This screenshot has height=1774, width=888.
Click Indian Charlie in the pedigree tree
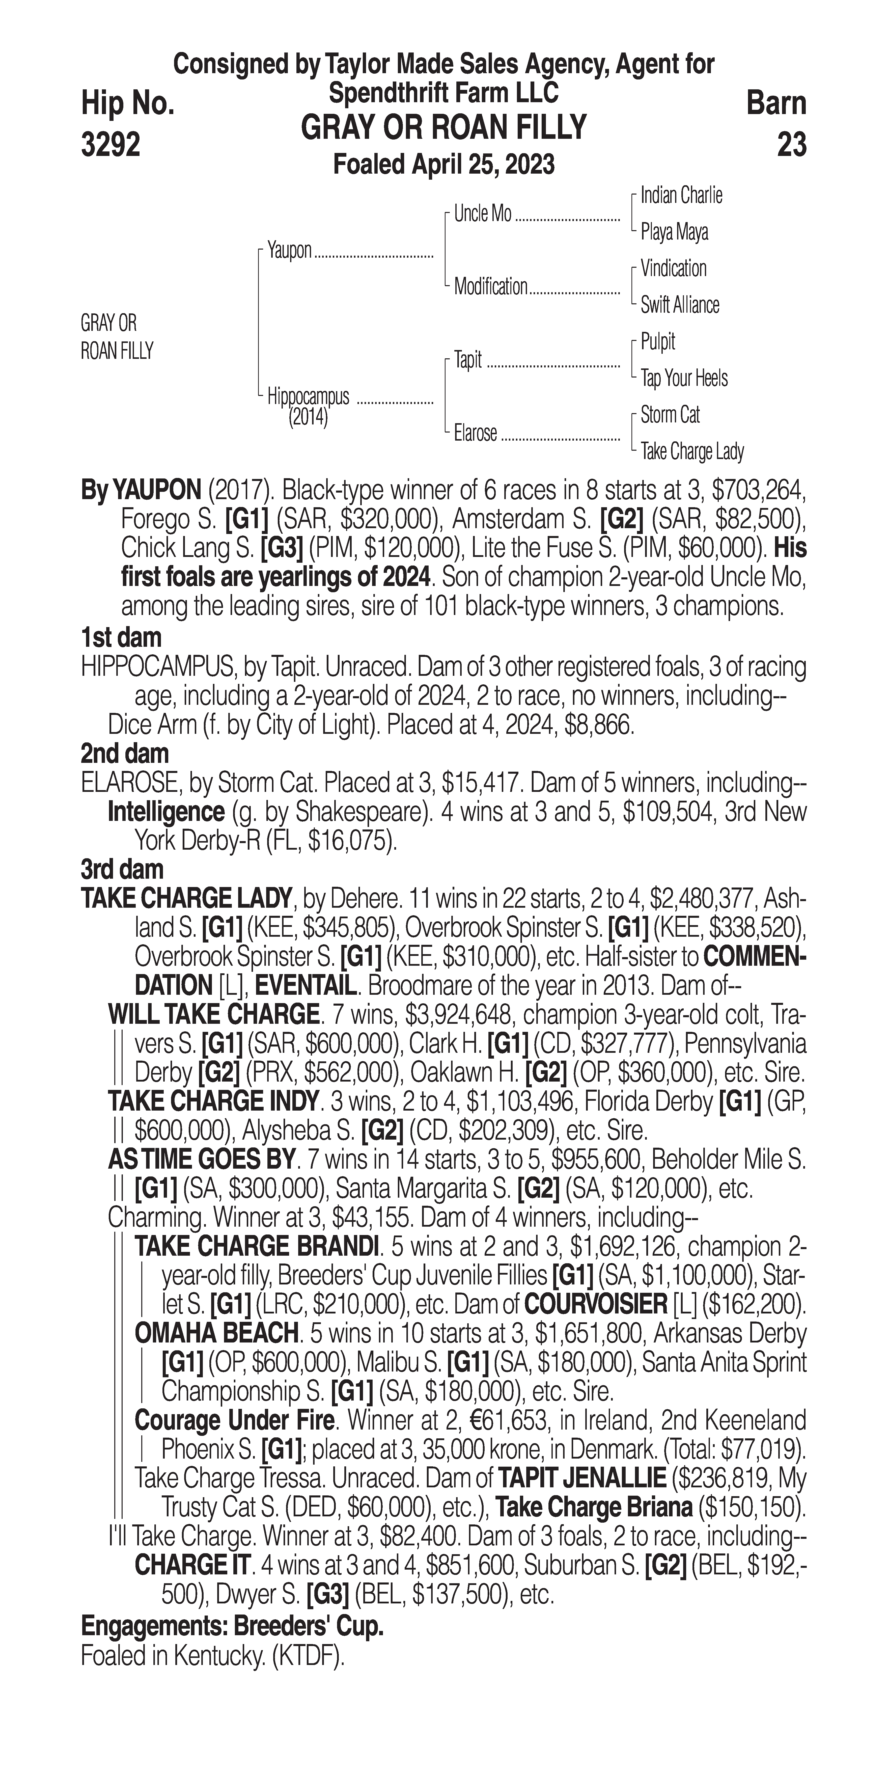pos(681,196)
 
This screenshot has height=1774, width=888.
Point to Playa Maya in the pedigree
pos(674,232)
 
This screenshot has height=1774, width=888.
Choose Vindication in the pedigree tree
pos(673,268)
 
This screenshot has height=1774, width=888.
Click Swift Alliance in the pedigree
pos(679,305)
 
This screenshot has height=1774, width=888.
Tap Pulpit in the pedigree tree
pos(657,342)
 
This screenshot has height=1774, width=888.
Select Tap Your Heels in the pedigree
pos(684,378)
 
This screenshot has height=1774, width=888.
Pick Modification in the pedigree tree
pos(490,286)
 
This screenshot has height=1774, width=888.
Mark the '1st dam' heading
pos(121,638)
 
